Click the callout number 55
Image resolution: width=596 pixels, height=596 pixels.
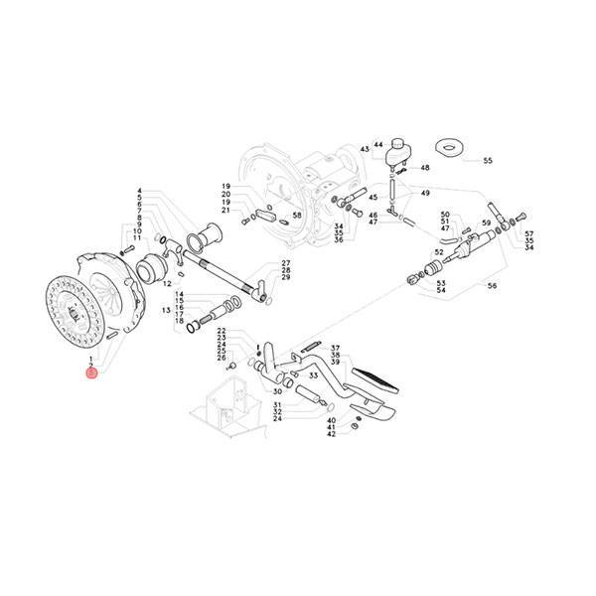point(487,160)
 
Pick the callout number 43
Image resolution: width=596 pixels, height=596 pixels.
point(365,149)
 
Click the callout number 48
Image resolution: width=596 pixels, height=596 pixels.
point(425,168)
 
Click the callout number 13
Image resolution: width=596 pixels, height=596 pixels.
point(167,310)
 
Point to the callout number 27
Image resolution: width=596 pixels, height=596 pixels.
point(285,262)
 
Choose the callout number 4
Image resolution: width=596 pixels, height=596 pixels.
point(140,190)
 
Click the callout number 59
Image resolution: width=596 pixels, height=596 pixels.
point(487,223)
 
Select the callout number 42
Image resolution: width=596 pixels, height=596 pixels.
point(332,434)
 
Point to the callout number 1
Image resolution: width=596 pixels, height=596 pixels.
point(91,358)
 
